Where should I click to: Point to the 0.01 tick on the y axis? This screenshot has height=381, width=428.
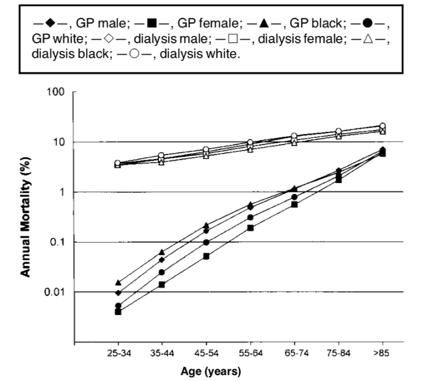point(57,292)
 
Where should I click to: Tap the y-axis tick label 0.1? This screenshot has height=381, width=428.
point(59,242)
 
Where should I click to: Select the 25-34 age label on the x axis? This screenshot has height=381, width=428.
point(118,354)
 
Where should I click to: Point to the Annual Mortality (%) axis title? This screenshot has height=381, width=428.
point(26,217)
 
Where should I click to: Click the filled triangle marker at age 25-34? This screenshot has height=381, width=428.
point(119,283)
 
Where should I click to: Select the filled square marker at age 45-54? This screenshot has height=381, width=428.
point(206,256)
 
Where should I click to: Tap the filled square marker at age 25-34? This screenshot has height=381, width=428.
point(119,312)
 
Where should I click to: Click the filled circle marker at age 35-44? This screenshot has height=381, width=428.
point(162,272)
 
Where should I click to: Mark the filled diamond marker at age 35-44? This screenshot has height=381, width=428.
point(162,260)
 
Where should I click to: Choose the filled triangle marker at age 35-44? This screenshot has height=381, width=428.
point(162,252)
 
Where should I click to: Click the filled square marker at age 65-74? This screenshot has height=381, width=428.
point(294,204)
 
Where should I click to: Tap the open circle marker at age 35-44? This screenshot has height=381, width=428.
point(162,156)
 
